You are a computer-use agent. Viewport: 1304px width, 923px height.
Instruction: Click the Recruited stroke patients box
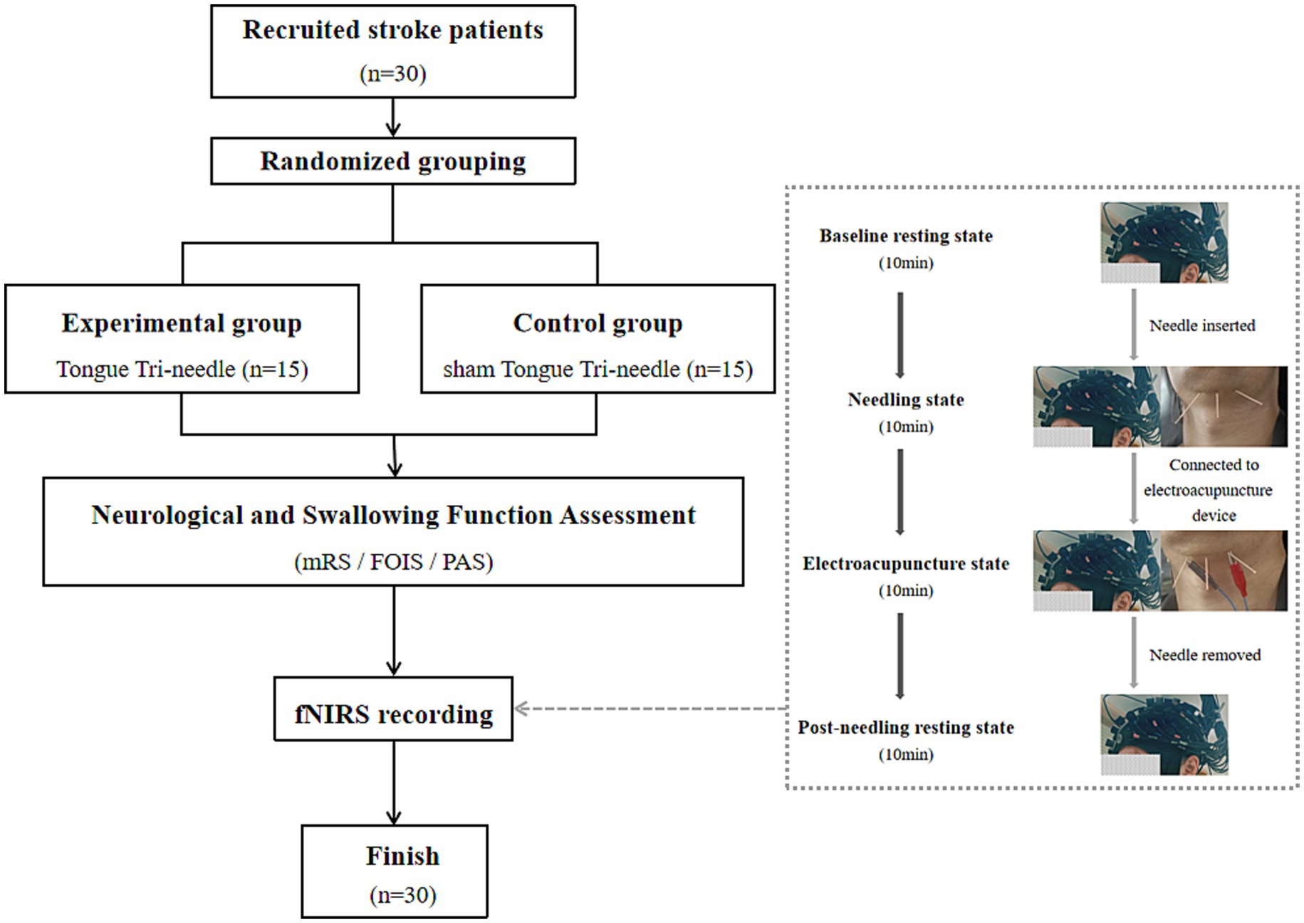[x=393, y=51]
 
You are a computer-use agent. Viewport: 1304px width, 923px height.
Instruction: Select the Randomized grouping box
[x=393, y=162]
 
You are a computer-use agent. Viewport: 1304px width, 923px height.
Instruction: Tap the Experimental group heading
[x=182, y=323]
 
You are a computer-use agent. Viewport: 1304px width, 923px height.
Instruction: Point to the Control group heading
[x=598, y=323]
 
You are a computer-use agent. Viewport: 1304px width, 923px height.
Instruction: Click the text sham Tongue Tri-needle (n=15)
[x=598, y=370]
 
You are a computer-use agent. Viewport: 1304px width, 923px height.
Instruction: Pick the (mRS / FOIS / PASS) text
[x=393, y=562]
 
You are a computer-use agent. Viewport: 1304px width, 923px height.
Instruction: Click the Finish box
[x=395, y=871]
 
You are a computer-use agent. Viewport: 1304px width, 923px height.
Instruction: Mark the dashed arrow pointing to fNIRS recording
[x=648, y=709]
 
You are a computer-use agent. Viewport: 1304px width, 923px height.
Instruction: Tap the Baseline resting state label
[x=905, y=236]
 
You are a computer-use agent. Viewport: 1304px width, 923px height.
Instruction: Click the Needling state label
[x=905, y=400]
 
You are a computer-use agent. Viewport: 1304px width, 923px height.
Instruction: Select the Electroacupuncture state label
[x=905, y=564]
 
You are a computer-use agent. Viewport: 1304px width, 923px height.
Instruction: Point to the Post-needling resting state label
[x=905, y=728]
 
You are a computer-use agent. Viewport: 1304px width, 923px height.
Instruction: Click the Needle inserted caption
[x=1201, y=325]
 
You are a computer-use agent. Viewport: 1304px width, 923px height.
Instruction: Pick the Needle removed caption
[x=1204, y=655]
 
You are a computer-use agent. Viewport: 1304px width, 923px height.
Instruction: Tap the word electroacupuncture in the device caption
[x=1208, y=491]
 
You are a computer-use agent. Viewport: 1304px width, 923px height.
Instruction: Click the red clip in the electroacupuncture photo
[x=1240, y=570]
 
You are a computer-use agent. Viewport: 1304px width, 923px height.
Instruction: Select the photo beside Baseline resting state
[x=1164, y=243]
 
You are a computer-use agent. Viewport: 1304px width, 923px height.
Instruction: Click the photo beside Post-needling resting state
[x=1164, y=735]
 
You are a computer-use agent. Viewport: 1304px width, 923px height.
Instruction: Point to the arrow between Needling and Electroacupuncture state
[x=900, y=491]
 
